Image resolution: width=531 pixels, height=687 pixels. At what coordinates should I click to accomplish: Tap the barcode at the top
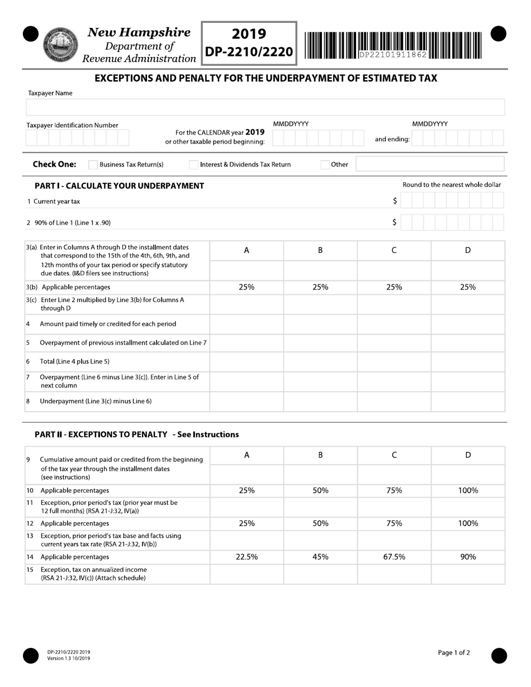click(x=393, y=45)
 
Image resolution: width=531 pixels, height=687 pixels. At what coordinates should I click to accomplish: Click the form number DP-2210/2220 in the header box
click(x=249, y=52)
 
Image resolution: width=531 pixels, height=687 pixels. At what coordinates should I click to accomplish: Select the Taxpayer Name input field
click(x=265, y=107)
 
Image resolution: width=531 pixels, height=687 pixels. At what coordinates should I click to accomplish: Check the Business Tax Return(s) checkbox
click(x=93, y=165)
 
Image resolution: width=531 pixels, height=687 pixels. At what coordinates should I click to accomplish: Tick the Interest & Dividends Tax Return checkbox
click(x=193, y=165)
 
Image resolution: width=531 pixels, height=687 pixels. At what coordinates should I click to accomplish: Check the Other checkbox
click(x=325, y=165)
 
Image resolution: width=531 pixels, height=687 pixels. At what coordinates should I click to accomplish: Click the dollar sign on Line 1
click(x=395, y=201)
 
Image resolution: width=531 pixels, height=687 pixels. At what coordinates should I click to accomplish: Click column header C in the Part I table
click(x=394, y=251)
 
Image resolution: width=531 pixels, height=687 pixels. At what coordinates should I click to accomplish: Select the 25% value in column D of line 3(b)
click(x=468, y=287)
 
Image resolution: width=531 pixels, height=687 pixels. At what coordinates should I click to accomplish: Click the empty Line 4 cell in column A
click(x=246, y=324)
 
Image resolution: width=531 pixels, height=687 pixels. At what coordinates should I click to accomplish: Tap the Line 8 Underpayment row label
click(x=96, y=401)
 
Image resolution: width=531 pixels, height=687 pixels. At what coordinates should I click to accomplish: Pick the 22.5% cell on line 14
click(x=246, y=557)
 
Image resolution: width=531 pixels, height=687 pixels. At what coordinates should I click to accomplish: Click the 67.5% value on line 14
click(x=394, y=557)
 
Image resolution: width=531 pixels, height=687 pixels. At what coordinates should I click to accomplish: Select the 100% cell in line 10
click(x=468, y=490)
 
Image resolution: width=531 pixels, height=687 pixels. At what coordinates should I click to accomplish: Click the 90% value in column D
click(x=468, y=557)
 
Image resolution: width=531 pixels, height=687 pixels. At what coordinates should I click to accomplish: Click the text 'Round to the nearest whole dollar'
click(x=452, y=185)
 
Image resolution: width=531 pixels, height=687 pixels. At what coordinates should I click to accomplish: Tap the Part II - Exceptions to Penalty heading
click(x=136, y=434)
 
